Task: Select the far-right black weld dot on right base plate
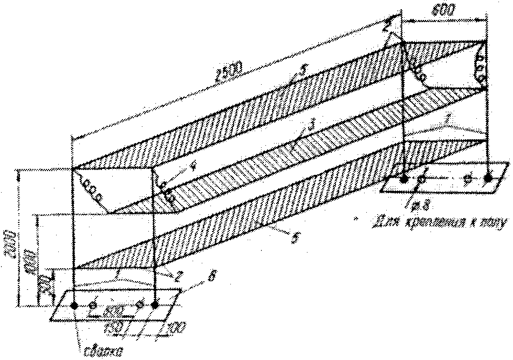coord(488,176)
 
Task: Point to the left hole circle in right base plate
coord(425,177)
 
